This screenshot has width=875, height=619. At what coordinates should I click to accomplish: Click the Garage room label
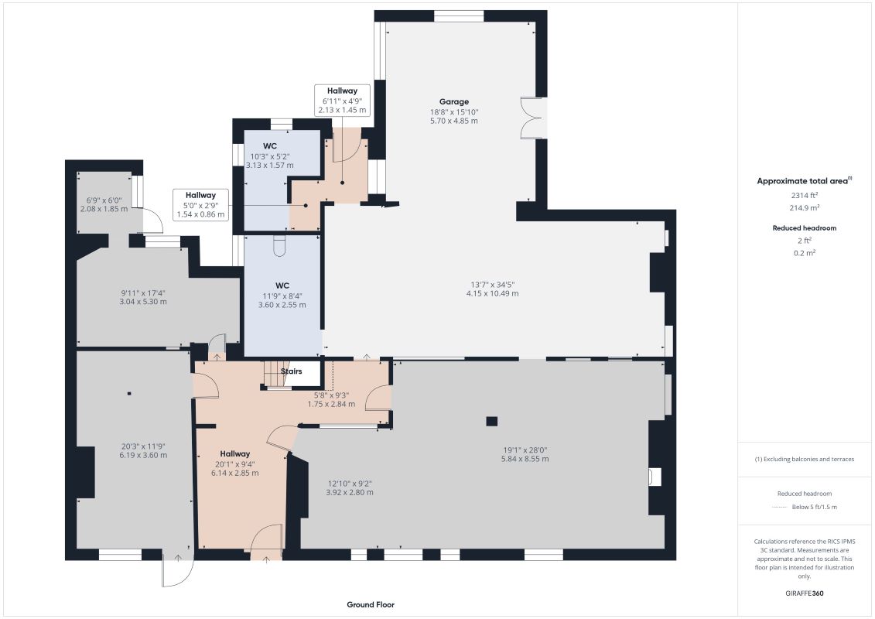453,101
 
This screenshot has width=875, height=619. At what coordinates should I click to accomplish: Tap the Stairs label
292,371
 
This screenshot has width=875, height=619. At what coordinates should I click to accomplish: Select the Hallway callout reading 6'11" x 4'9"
342,101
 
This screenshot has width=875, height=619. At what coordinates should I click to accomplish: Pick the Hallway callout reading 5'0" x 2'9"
200,204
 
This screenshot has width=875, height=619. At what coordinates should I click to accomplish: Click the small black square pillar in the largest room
491,422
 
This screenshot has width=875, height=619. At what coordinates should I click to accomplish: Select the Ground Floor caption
371,604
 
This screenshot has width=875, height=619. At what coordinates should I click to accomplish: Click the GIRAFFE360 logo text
804,593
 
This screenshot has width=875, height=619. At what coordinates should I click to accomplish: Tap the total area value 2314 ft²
804,195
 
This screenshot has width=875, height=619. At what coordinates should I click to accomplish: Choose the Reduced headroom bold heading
804,227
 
